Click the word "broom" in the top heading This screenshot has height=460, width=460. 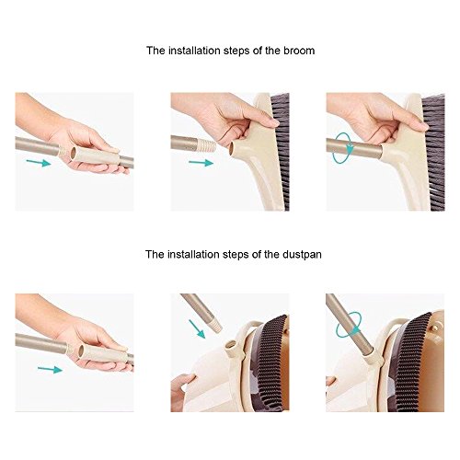[x=299, y=51]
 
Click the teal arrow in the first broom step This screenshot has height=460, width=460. [x=39, y=163]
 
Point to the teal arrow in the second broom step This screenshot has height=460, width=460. [x=201, y=163]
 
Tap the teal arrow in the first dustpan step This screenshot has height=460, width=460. [x=50, y=370]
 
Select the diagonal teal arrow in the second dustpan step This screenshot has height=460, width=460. [x=197, y=328]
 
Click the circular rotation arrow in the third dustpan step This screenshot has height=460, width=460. [x=350, y=326]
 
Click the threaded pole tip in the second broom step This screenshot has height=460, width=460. [x=208, y=145]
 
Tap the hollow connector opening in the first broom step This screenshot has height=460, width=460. [x=73, y=153]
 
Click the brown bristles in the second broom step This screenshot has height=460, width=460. [x=281, y=152]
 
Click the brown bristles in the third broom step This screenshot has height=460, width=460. [x=433, y=152]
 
